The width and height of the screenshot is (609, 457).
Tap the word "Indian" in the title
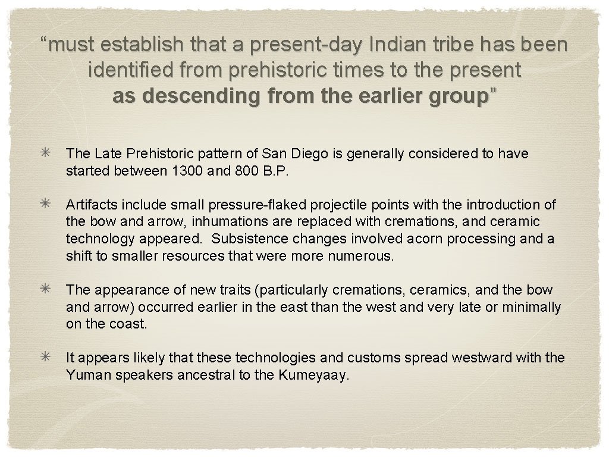click(x=393, y=45)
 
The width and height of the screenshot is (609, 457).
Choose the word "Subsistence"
click(x=249, y=239)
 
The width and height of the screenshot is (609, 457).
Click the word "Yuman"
click(x=86, y=375)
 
